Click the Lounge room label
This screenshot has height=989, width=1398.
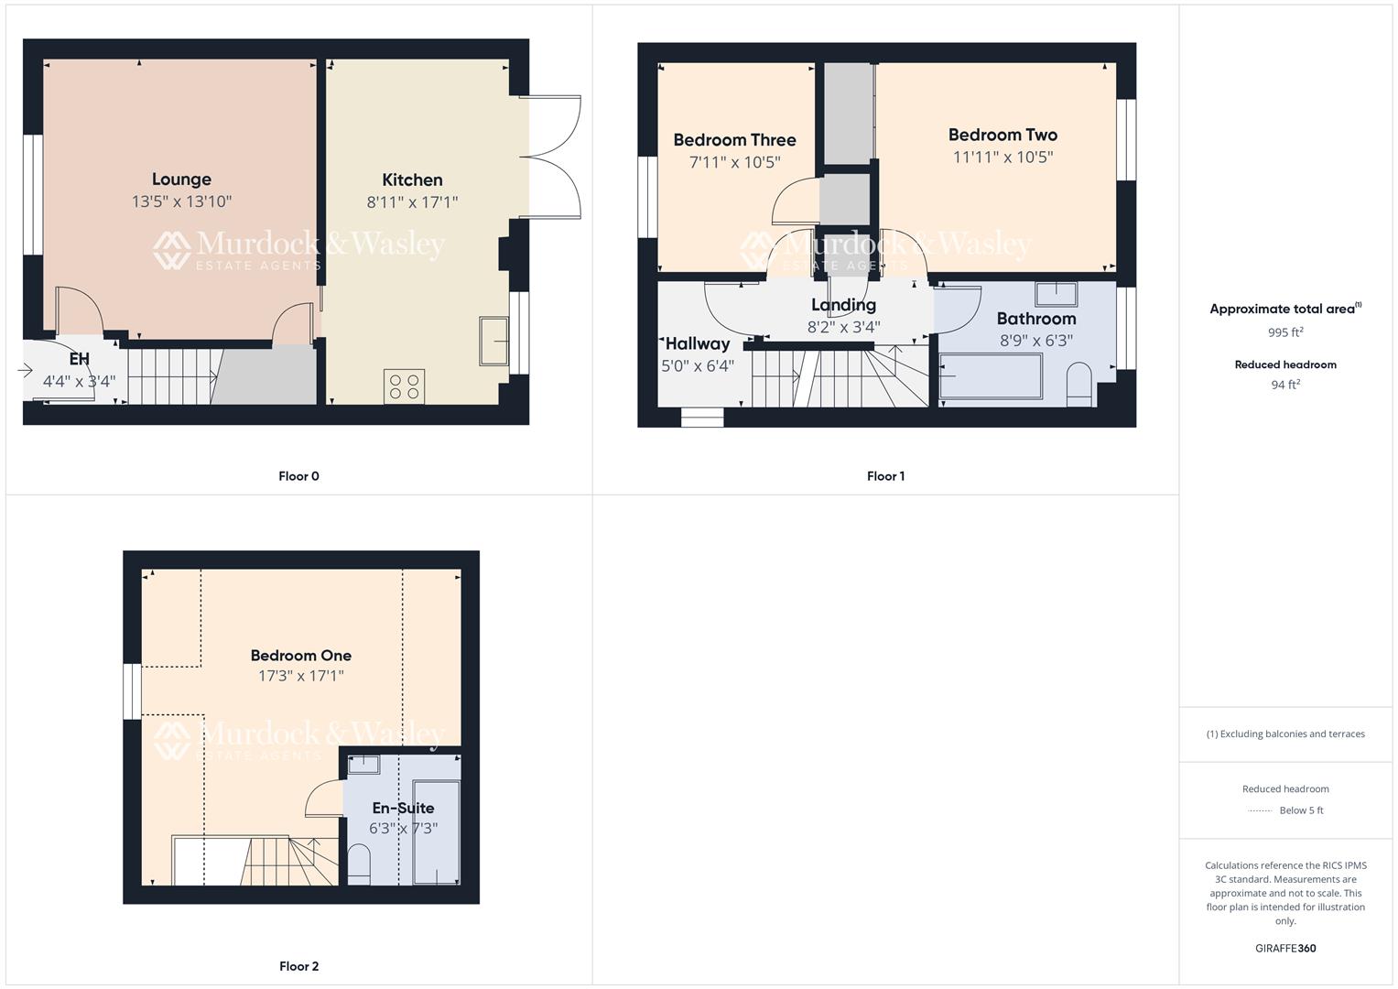(181, 179)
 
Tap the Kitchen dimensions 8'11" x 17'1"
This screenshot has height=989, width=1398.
(412, 202)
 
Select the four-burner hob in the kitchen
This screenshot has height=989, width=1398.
(405, 386)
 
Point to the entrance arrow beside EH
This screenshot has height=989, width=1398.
(25, 371)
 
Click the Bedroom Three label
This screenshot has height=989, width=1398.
(734, 140)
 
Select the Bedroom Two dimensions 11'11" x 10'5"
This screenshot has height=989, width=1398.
(1002, 158)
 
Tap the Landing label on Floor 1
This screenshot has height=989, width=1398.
(843, 305)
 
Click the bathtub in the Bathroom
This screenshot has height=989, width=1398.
(991, 376)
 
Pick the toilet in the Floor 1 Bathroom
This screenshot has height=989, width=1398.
(1080, 384)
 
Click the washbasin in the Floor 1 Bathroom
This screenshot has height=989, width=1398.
(1057, 294)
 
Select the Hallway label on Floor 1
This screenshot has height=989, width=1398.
(698, 344)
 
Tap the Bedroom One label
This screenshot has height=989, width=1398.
(300, 656)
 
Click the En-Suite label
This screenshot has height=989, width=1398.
(403, 809)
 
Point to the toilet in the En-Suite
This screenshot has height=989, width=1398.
(359, 864)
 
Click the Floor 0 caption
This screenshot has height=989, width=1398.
(298, 476)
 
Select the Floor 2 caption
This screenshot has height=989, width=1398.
(298, 966)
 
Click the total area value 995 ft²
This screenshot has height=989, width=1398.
(1285, 332)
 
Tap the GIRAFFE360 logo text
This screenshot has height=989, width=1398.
(1285, 949)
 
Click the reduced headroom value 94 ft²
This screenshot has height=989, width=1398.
(1285, 385)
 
